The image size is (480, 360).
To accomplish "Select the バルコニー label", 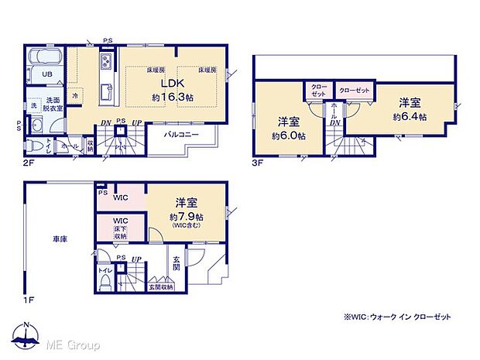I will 183,134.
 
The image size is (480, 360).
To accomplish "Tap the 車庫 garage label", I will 60,239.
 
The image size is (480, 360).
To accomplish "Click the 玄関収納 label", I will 161,287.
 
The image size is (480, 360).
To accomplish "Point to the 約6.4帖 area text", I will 410,116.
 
